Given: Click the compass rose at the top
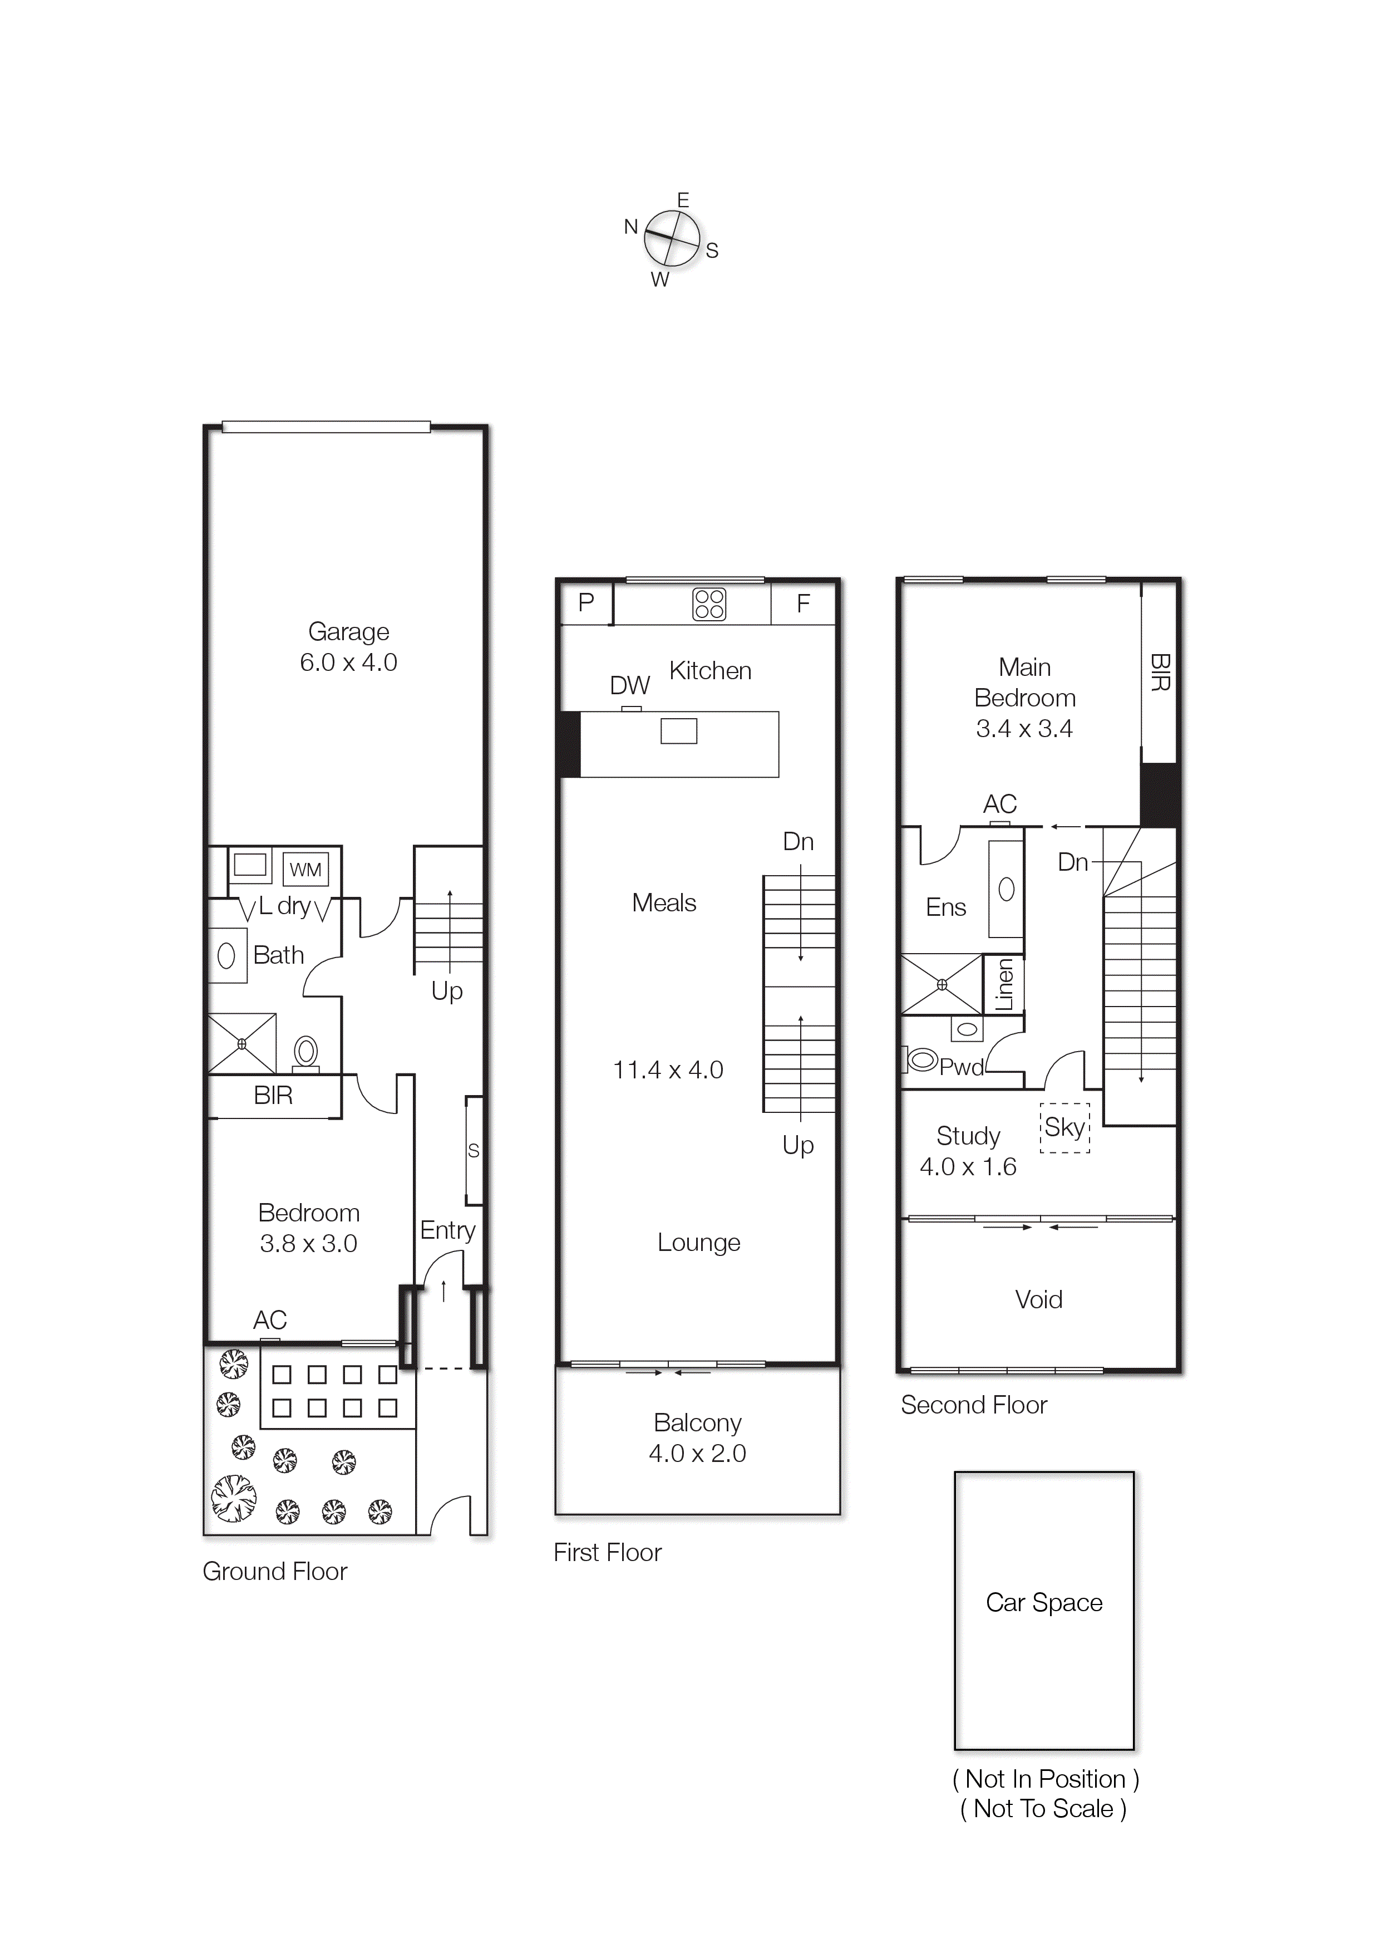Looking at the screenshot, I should pos(672,239).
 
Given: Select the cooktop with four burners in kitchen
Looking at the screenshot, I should pos(709,604).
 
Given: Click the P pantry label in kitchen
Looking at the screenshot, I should pos(586,602).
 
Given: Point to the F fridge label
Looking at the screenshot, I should pos(802,604).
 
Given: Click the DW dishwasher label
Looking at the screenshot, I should pos(629,685).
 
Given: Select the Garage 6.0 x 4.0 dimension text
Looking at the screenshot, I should pos(348,662).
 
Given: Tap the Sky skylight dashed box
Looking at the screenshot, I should pos(1064,1128).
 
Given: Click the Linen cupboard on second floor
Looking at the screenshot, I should pos(1004,984).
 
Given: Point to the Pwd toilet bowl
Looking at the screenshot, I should pos(921,1060).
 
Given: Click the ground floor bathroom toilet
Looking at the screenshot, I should pos(305,1053).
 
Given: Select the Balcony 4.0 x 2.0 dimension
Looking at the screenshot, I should pos(697,1453).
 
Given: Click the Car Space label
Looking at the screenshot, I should pos(1043,1603).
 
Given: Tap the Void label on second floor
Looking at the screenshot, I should pos(1038,1300).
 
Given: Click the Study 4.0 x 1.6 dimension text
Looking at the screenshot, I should pos(968,1166).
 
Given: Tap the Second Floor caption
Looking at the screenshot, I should pos(974,1405).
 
